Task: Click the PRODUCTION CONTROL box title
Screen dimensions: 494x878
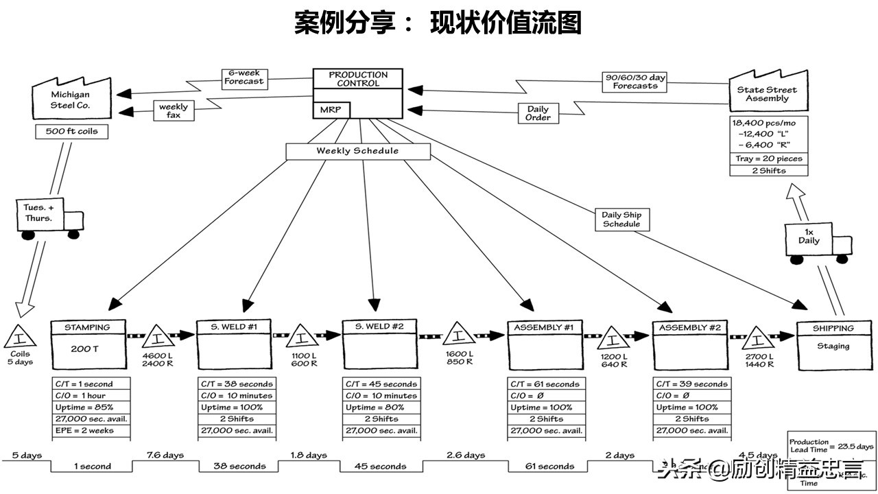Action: pyautogui.click(x=357, y=79)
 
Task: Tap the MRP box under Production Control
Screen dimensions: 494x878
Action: pyautogui.click(x=331, y=110)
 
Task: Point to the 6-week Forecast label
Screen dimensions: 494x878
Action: pyautogui.click(x=244, y=76)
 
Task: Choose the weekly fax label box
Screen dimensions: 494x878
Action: pyautogui.click(x=173, y=110)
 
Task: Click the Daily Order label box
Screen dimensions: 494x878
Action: pyautogui.click(x=538, y=113)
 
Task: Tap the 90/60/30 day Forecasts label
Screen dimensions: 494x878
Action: pyautogui.click(x=634, y=82)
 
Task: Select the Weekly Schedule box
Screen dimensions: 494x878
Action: pyautogui.click(x=357, y=151)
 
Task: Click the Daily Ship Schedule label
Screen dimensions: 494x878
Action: pyautogui.click(x=621, y=220)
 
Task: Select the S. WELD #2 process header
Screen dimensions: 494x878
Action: pyautogui.click(x=379, y=327)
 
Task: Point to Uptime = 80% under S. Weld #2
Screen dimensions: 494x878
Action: pyautogui.click(x=379, y=408)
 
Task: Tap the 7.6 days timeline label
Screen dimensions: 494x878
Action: pyautogui.click(x=165, y=455)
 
